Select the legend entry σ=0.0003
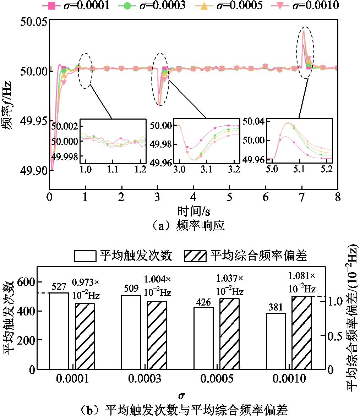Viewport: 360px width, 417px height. (151, 5)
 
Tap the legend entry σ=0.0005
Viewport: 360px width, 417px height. (229, 5)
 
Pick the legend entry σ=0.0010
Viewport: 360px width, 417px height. (305, 5)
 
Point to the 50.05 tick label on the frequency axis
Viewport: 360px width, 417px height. (34, 22)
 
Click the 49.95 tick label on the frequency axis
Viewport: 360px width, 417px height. (34, 121)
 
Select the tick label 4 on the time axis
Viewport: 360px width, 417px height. (193, 197)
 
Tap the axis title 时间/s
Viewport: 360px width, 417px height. (193, 212)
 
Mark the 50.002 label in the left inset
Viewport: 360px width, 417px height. (65, 126)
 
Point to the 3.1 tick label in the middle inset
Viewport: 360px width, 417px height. (207, 169)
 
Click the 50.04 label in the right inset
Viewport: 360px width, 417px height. (254, 121)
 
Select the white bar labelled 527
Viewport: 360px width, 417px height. (59, 331)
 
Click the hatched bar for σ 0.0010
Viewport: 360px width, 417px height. (301, 333)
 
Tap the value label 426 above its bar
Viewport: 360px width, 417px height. (203, 302)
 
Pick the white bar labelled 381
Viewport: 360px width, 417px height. (276, 341)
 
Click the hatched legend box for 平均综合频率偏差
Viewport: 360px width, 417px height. (195, 256)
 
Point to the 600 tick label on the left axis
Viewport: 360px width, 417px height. (26, 282)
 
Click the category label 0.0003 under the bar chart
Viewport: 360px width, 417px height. (144, 378)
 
